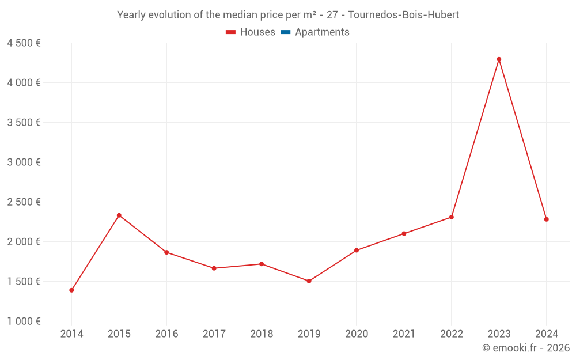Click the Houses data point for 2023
click(499, 59)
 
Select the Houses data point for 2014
click(71, 290)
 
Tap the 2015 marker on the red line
click(119, 215)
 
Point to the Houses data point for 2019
click(309, 281)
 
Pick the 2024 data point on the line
click(546, 219)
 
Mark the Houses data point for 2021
click(404, 233)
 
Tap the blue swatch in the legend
click(286, 32)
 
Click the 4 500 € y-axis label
click(24, 43)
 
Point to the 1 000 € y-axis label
click(24, 321)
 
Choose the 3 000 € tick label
click(24, 162)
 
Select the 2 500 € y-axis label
click(24, 202)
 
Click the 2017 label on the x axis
click(214, 334)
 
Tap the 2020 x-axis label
click(357, 334)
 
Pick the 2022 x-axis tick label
click(451, 334)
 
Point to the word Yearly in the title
click(131, 15)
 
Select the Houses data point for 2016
click(166, 252)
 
